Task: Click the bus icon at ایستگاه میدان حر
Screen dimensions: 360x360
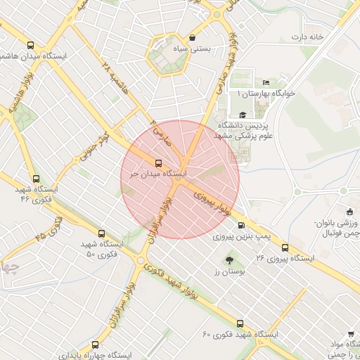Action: pos(157,163)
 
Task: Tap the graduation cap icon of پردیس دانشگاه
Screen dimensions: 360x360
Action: pos(243,115)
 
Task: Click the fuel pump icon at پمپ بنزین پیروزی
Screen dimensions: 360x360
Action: pos(242,226)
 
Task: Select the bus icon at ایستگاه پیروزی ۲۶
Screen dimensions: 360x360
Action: pos(285,247)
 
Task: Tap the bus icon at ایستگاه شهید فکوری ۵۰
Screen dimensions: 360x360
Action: pos(101,233)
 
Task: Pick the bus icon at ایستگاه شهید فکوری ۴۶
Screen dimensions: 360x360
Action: pos(37,179)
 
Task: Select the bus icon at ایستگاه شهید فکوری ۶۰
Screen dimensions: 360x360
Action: pos(240,323)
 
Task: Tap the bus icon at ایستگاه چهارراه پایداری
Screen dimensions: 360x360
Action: pos(96,345)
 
